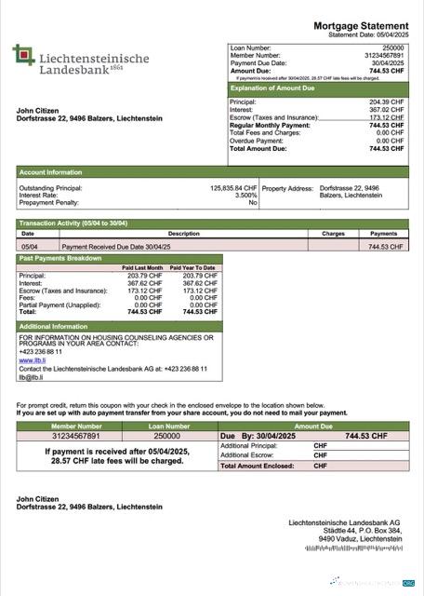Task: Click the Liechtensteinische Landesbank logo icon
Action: click(x=24, y=57)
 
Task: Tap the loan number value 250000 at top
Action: click(x=393, y=47)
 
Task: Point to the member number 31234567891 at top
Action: click(x=383, y=55)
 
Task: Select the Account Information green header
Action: click(x=51, y=172)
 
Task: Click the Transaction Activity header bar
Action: click(x=73, y=223)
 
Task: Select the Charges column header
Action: click(x=333, y=234)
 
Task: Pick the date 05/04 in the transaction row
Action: click(x=28, y=247)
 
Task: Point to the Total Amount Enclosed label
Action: click(x=257, y=466)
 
